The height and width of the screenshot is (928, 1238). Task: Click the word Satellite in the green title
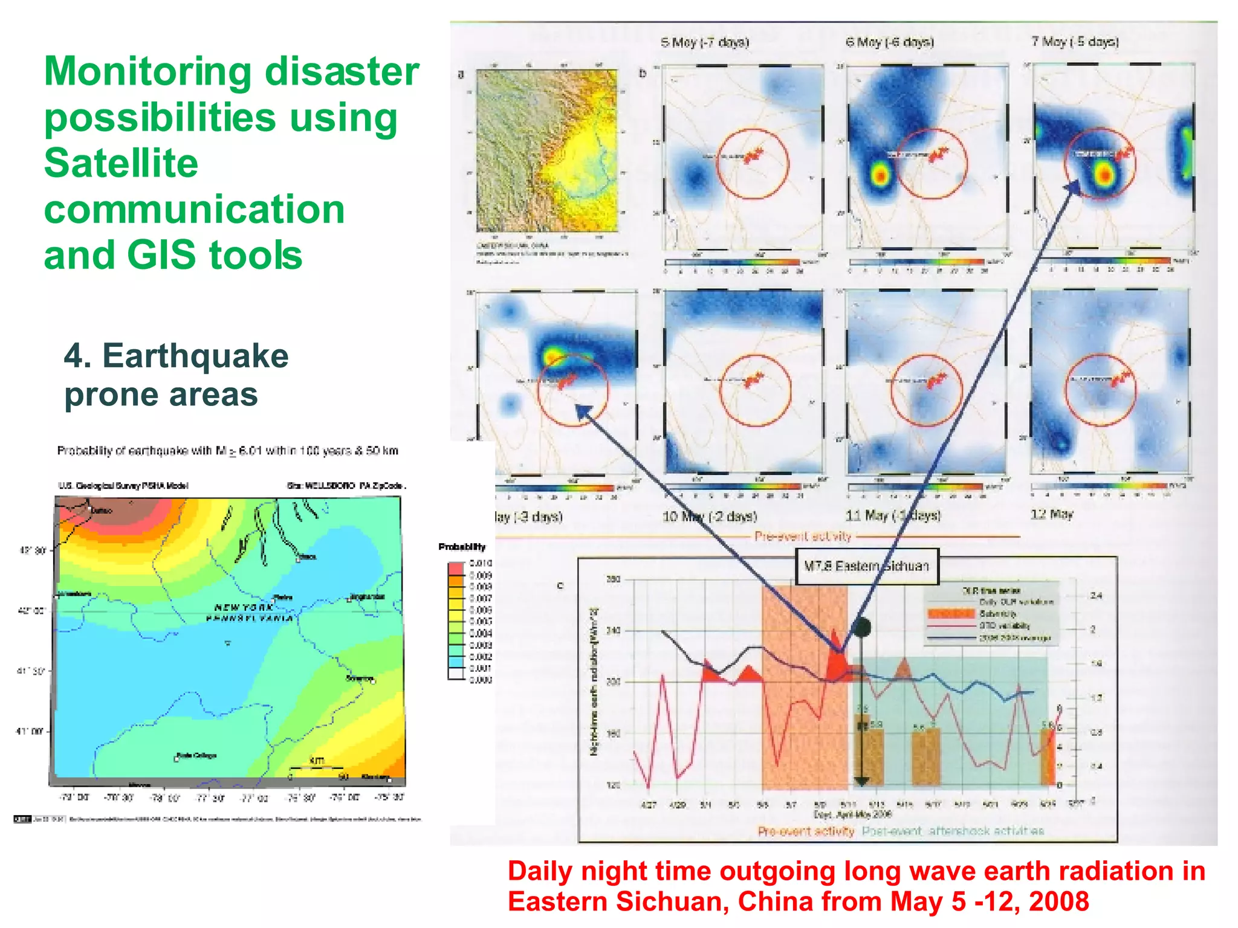[121, 163]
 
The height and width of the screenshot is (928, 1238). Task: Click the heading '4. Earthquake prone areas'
[176, 375]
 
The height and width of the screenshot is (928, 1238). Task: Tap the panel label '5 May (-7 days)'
[705, 42]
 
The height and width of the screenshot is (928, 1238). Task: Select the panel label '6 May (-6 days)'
[890, 42]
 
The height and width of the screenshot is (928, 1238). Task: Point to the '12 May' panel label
[1052, 515]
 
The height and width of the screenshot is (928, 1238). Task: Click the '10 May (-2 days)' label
[710, 517]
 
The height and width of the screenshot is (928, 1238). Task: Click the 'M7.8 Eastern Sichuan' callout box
[866, 566]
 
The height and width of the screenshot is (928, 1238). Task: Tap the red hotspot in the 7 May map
[1104, 175]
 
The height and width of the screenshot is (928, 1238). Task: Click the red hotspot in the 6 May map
[880, 176]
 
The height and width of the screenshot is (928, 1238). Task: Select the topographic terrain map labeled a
[546, 150]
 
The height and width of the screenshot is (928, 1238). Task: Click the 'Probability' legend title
[462, 547]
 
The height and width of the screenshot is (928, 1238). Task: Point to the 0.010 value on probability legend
[481, 563]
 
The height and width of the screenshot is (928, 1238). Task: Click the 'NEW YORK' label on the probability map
[244, 607]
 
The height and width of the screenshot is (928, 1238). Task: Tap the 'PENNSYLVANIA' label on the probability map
[249, 619]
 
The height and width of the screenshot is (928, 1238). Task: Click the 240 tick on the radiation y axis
[613, 631]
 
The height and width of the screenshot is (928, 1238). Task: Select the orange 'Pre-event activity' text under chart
[806, 831]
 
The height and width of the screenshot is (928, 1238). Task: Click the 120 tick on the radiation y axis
[613, 785]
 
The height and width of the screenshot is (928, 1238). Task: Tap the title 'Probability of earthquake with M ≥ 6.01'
[227, 451]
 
